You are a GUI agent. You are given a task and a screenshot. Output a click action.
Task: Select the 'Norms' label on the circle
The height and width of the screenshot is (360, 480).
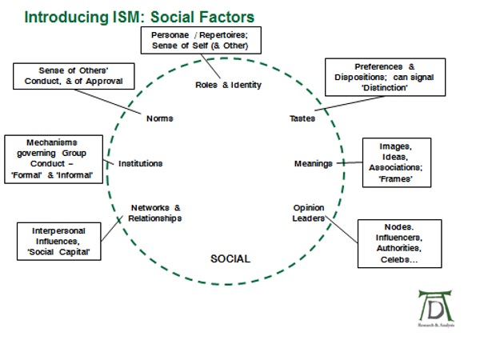point(160,118)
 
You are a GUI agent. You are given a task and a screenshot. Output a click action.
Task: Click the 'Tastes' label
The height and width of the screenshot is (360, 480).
point(302,118)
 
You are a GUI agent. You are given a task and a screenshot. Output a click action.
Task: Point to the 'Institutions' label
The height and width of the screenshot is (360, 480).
point(140,163)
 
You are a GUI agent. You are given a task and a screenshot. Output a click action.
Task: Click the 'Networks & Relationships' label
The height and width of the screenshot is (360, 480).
point(155,212)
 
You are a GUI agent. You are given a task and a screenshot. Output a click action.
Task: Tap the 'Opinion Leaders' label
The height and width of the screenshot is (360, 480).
point(309,212)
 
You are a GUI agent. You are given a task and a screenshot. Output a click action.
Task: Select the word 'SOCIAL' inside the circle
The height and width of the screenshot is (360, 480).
point(230,258)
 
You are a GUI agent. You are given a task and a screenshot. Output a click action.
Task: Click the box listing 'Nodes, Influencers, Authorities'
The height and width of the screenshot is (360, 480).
point(397,244)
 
